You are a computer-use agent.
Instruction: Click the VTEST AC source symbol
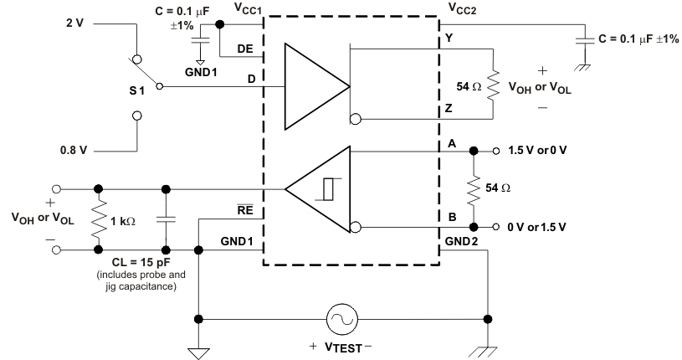[x=343, y=319]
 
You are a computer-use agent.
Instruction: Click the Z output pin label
[x=449, y=109]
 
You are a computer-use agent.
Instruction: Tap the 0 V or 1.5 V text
[x=538, y=227]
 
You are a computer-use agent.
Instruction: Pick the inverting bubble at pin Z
[x=356, y=119]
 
